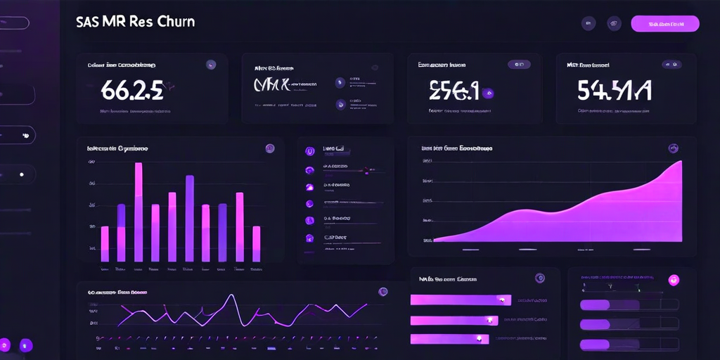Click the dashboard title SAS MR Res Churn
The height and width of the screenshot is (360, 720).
point(135,22)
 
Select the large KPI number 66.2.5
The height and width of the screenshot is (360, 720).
point(132,90)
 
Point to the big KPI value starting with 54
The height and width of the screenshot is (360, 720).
point(614,90)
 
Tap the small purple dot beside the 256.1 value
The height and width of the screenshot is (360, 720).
point(489,93)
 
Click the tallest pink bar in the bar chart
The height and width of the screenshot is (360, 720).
point(139,211)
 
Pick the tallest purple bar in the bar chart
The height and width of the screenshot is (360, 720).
point(190,218)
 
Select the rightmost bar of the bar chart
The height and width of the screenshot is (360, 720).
point(257,243)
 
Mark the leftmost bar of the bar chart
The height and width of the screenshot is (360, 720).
point(105,243)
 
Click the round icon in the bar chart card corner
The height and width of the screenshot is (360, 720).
point(269,148)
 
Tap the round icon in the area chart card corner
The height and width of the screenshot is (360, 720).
point(674,148)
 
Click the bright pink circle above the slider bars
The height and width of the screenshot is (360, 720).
point(674,280)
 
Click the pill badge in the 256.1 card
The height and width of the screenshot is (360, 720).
point(519,64)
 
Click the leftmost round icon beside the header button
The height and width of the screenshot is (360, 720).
point(589,23)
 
